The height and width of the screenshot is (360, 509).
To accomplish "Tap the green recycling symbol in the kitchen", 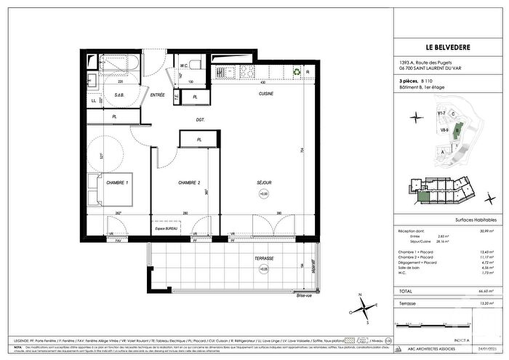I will coord(296,71).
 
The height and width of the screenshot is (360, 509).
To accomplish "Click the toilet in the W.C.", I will coord(185,63).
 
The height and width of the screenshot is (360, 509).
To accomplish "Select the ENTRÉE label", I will coord(157,95).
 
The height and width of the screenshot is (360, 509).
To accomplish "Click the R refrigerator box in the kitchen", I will coord(309,71).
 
